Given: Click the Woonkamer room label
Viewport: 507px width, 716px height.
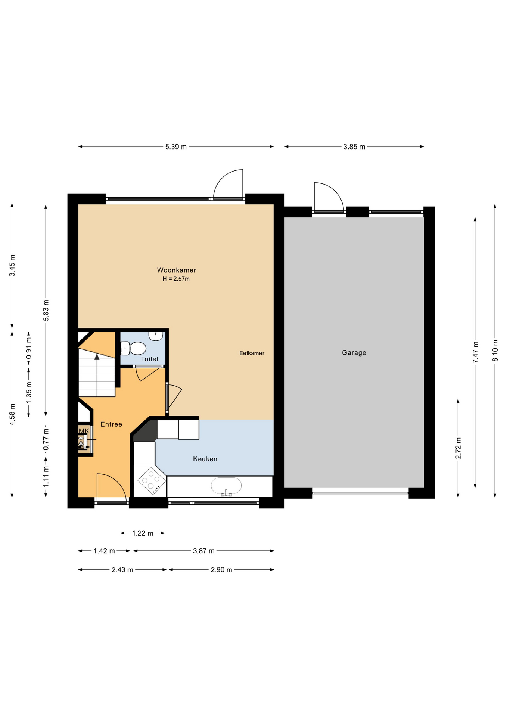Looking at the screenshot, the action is pyautogui.click(x=176, y=270).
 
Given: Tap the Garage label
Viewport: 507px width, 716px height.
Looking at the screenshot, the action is pyautogui.click(x=354, y=352).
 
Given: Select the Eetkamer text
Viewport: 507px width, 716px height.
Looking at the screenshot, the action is pyautogui.click(x=252, y=353).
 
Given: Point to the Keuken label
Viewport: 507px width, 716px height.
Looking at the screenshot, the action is pyautogui.click(x=205, y=459).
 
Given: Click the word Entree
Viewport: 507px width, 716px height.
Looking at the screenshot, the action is pyautogui.click(x=111, y=424).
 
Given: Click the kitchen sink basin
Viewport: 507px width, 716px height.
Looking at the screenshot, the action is pyautogui.click(x=226, y=486).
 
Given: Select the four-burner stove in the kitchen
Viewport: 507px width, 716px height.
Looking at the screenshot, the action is pyautogui.click(x=152, y=481).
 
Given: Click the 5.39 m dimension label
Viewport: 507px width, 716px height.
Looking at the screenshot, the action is pyautogui.click(x=176, y=147).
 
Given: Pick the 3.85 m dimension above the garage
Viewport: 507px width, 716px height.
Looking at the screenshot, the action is pyautogui.click(x=354, y=147).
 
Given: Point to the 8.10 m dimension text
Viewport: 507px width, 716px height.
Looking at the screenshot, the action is pyautogui.click(x=495, y=350).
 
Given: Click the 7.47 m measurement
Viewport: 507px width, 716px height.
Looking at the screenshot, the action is pyautogui.click(x=475, y=352).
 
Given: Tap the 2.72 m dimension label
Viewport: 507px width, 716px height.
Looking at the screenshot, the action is pyautogui.click(x=458, y=448).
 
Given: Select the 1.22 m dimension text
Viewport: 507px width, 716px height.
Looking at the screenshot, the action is pyautogui.click(x=143, y=533).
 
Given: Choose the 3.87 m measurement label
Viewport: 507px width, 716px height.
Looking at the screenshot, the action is pyautogui.click(x=203, y=550).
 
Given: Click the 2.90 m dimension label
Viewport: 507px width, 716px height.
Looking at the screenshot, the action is pyautogui.click(x=221, y=569).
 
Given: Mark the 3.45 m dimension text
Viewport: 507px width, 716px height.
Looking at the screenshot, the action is pyautogui.click(x=12, y=266).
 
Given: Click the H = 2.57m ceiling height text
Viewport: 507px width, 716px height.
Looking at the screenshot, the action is pyautogui.click(x=176, y=279).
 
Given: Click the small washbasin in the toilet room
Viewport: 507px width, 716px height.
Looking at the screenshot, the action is pyautogui.click(x=156, y=336).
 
